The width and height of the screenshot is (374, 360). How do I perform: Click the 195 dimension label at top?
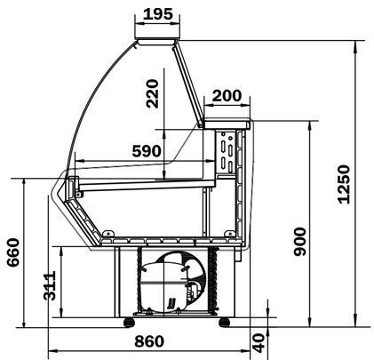pos(157,14)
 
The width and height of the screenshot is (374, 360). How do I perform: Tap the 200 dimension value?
pos(227,96)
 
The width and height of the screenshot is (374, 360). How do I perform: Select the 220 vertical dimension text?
pos(153,93)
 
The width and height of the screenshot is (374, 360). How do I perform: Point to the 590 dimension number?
pos(147,151)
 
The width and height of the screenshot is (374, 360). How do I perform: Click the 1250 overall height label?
pos(344,184)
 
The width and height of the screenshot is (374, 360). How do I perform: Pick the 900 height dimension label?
pos(299,242)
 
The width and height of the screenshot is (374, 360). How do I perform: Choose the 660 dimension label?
pos(13,252)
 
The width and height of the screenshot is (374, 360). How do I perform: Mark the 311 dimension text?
pos(50,285)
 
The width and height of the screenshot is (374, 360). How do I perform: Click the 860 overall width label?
pos(149,341)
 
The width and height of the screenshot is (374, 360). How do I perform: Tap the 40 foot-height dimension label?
pos(259,343)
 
